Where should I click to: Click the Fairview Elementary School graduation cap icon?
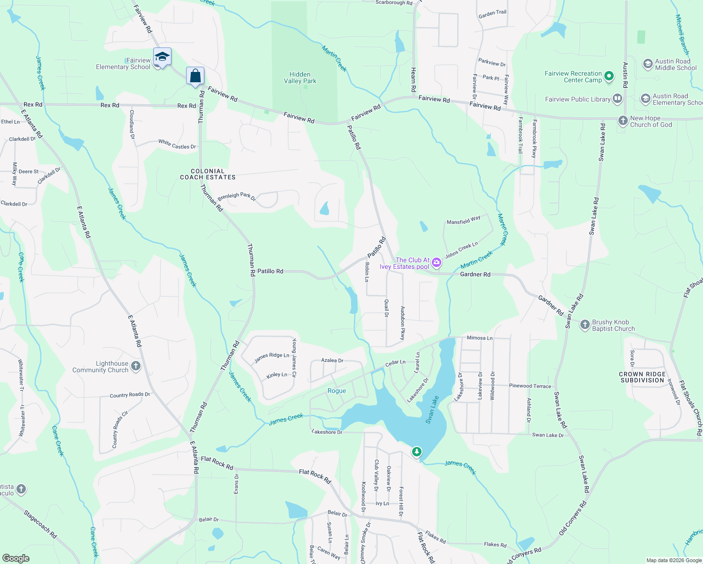tap(162, 57)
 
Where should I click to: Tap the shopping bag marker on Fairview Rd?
tap(195, 76)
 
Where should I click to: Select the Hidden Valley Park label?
tap(300, 78)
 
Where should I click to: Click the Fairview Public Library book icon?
tap(617, 99)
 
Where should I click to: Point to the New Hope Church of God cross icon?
tap(623, 121)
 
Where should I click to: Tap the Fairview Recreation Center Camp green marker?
tap(609, 76)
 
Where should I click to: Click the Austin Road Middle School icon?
tap(648, 64)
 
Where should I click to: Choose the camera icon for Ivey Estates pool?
tap(437, 263)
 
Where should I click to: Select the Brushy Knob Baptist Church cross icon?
tap(585, 325)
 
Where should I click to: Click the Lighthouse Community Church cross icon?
tap(136, 366)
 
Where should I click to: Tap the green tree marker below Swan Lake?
tap(416, 452)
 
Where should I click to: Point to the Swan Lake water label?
tap(432, 409)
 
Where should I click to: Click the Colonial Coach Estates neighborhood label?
tap(208, 174)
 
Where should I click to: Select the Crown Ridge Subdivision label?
tap(642, 377)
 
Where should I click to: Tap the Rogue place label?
tap(336, 391)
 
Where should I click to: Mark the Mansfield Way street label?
tap(463, 220)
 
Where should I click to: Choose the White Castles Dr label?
tap(177, 144)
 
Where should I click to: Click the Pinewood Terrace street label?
tap(530, 386)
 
